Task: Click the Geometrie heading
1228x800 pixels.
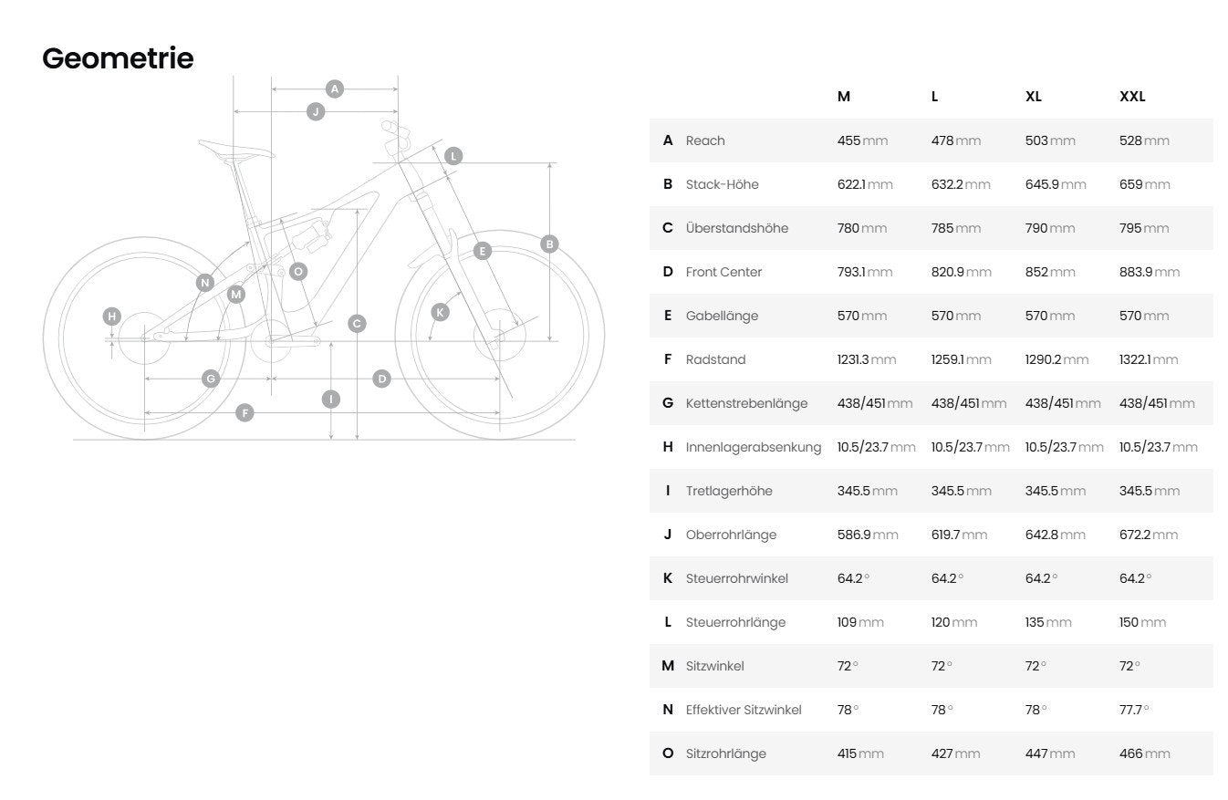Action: click(118, 58)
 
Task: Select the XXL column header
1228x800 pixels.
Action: click(1132, 97)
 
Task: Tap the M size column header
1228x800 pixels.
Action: click(844, 97)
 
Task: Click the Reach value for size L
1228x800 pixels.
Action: click(955, 140)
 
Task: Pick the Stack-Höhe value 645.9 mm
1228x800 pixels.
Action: click(1056, 184)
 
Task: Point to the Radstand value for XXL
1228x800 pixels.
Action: click(1149, 359)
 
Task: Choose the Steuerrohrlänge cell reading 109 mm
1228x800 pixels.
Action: click(860, 622)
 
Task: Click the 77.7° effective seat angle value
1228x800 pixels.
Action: click(1134, 710)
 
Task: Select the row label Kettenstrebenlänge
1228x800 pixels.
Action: click(746, 403)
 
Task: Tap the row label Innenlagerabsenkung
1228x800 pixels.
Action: click(754, 447)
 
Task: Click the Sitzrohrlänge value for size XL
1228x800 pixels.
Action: click(1050, 754)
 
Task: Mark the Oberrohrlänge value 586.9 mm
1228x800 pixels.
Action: click(868, 535)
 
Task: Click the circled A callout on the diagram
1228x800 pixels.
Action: click(335, 88)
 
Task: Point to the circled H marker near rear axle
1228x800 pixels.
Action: click(112, 317)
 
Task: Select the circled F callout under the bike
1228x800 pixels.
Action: click(245, 412)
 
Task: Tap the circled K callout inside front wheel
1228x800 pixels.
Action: click(440, 313)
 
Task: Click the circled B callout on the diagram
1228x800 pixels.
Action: click(549, 244)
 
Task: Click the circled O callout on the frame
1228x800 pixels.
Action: click(298, 271)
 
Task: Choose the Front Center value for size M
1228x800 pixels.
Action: click(865, 272)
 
